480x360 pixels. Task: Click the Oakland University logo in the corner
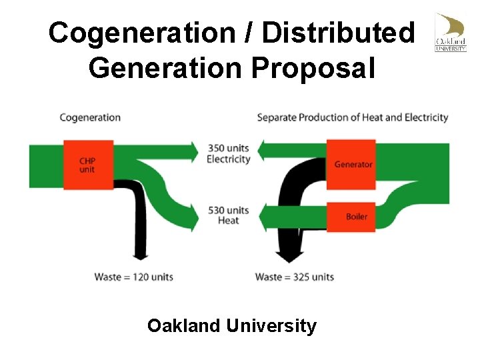tap(451, 31)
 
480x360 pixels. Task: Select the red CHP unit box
tap(79, 165)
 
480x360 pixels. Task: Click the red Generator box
tap(352, 164)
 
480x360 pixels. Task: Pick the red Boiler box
tap(352, 217)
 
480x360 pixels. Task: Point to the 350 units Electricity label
tap(229, 153)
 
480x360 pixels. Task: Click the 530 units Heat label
tap(229, 215)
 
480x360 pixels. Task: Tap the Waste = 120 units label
tap(133, 277)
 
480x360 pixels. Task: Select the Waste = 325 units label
tap(295, 277)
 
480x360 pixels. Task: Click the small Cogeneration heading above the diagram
tap(90, 117)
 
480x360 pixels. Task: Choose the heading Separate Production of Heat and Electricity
tap(353, 117)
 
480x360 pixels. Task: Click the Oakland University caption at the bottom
tap(232, 326)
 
